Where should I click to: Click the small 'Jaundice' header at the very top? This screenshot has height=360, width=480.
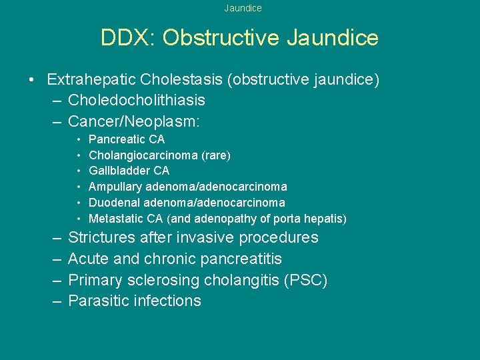(x=243, y=9)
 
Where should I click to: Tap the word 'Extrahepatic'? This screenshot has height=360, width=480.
(x=91, y=80)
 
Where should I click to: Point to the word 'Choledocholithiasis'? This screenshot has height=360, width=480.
(x=137, y=101)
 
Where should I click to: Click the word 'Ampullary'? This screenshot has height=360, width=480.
(x=115, y=187)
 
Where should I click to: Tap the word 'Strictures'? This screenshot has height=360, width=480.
(x=101, y=237)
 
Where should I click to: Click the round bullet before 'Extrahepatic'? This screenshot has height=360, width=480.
(x=32, y=81)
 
